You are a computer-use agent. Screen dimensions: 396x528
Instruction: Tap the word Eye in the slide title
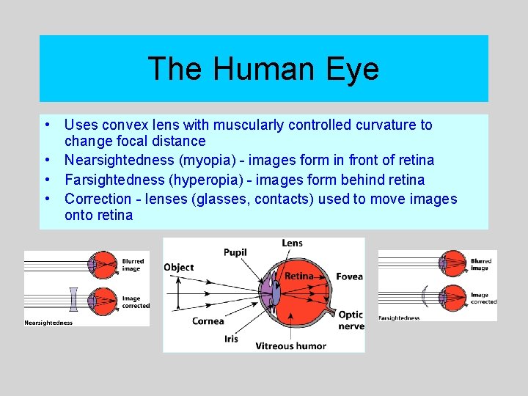tap(356, 69)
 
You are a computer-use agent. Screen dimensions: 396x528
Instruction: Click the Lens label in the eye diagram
tap(292, 243)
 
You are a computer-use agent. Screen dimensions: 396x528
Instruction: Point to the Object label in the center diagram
tap(179, 268)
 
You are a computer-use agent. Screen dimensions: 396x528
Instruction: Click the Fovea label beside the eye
tap(349, 276)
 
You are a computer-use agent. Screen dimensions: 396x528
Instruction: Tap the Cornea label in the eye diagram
tap(208, 321)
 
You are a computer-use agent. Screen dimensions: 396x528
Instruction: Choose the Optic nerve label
tap(350, 320)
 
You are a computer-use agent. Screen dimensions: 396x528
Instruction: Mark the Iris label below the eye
tap(230, 339)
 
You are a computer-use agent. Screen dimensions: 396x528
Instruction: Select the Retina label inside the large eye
tap(298, 276)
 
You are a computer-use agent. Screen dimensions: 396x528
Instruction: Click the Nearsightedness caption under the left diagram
tap(48, 322)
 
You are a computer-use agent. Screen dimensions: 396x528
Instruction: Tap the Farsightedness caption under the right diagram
tap(399, 318)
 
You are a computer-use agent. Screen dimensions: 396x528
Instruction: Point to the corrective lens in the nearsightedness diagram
tap(73, 299)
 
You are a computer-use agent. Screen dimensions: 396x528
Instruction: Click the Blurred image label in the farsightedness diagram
tap(481, 265)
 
